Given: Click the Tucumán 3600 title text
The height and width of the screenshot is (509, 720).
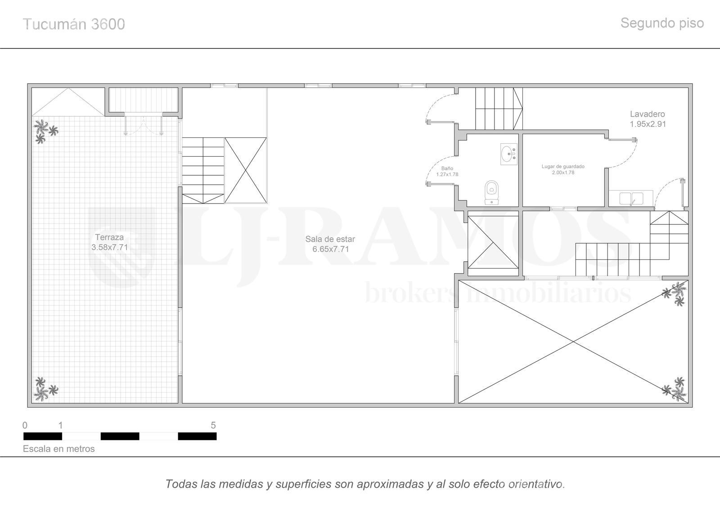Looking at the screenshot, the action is click(x=74, y=24).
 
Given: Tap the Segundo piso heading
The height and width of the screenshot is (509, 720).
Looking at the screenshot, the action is click(x=662, y=23).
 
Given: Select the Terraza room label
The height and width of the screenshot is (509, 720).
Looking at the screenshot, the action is click(x=109, y=237).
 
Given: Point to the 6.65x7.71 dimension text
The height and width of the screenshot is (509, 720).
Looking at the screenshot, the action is click(x=330, y=249).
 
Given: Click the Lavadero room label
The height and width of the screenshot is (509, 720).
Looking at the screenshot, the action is click(x=648, y=114).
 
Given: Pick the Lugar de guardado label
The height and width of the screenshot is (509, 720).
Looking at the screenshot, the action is click(x=563, y=166).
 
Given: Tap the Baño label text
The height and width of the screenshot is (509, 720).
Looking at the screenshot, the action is click(x=447, y=168).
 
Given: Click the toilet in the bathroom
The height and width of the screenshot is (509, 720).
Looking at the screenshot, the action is click(x=491, y=192).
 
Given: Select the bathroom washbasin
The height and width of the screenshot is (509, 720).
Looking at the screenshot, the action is click(x=509, y=154).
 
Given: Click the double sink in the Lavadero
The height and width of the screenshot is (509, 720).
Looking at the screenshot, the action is click(x=631, y=198).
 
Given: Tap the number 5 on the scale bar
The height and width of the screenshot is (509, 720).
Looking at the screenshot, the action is click(x=213, y=425).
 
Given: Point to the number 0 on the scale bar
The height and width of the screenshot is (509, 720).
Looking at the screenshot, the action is click(x=25, y=425).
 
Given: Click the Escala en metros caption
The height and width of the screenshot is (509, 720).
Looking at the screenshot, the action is click(x=59, y=449).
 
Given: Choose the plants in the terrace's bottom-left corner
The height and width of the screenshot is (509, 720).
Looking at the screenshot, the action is click(x=45, y=389).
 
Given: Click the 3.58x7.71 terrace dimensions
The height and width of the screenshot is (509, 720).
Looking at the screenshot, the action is click(x=110, y=247).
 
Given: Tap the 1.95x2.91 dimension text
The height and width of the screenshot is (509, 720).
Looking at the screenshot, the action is click(x=648, y=124).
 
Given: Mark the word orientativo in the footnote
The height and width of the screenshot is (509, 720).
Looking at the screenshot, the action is click(x=536, y=484).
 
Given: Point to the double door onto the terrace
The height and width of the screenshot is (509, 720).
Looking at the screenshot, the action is click(x=144, y=124).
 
